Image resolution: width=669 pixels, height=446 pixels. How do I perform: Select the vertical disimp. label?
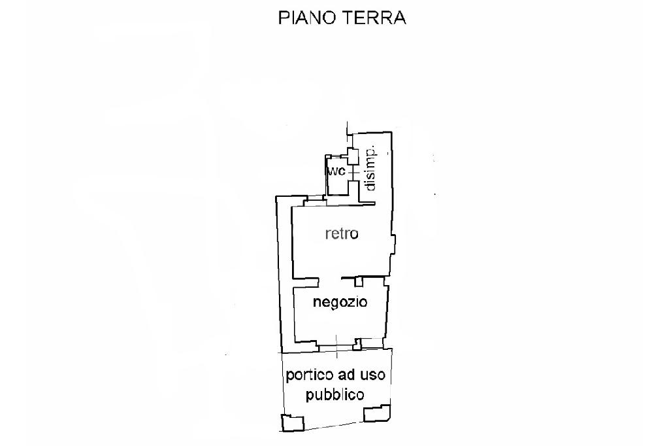pyautogui.click(x=370, y=167)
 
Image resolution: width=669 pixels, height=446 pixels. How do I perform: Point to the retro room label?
pyautogui.click(x=342, y=233)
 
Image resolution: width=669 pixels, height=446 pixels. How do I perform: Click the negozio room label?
pyautogui.click(x=340, y=302)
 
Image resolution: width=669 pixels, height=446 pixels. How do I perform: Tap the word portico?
pyautogui.click(x=310, y=376)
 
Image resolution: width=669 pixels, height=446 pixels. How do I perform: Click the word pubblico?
pyautogui.click(x=334, y=395)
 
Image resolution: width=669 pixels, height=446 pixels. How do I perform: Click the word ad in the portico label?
pyautogui.click(x=346, y=375)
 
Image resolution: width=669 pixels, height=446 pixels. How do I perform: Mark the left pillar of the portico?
pyautogui.click(x=291, y=422)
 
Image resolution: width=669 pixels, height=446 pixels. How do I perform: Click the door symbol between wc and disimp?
pyautogui.click(x=352, y=173)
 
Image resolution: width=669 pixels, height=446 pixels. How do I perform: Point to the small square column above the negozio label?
pyautogui.click(x=359, y=281)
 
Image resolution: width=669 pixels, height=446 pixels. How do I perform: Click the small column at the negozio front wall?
pyautogui.click(x=358, y=342)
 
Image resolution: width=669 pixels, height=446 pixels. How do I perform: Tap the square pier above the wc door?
pyautogui.click(x=352, y=156)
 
